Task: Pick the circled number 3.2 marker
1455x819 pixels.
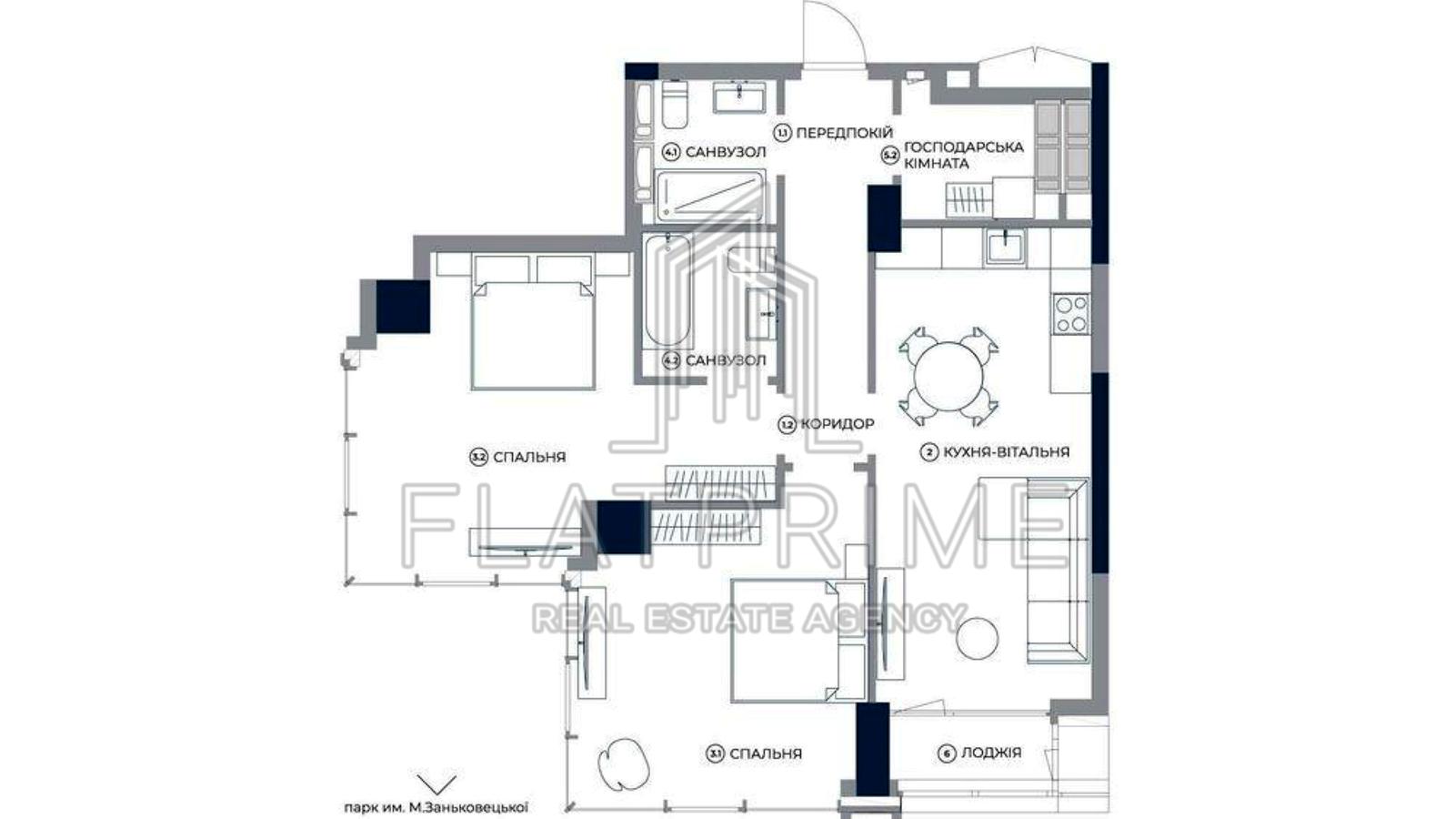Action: [478, 457]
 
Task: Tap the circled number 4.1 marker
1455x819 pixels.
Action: [670, 153]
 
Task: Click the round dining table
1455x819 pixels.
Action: [948, 377]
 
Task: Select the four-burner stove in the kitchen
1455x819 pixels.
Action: [1071, 314]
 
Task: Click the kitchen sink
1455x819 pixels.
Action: [1006, 247]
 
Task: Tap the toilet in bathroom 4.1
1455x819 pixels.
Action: [676, 105]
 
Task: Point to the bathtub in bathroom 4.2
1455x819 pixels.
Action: [667, 290]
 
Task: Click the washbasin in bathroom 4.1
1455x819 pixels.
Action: [739, 97]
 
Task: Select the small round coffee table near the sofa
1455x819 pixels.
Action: [978, 639]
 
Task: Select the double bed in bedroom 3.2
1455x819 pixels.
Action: [533, 323]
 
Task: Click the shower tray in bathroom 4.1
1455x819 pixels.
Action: [710, 196]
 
